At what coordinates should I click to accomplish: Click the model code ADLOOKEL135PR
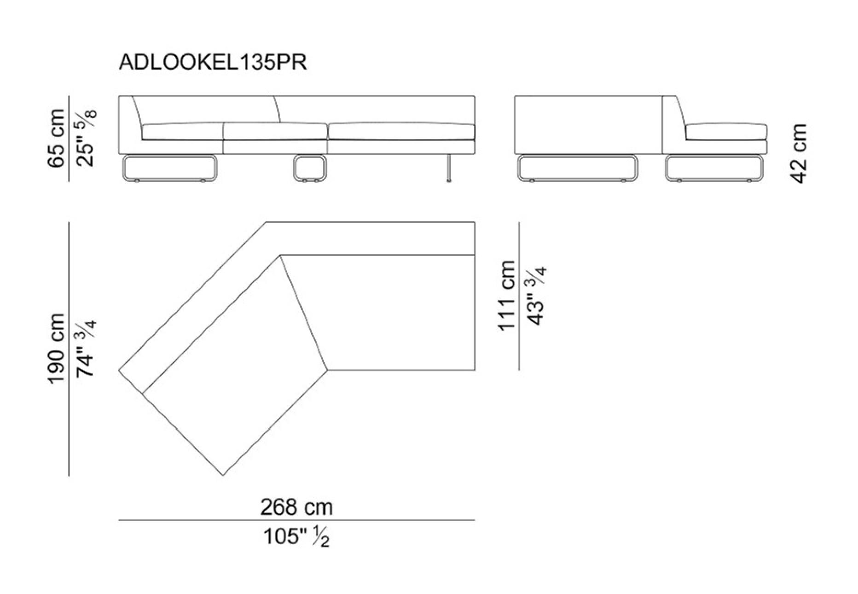[x=213, y=63]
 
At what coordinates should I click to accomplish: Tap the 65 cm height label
[x=58, y=138]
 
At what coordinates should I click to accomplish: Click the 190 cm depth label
[x=58, y=348]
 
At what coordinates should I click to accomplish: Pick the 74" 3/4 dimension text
[x=86, y=348]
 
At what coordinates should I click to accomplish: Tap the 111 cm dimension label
[x=507, y=295]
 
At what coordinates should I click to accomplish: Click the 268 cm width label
[x=296, y=507]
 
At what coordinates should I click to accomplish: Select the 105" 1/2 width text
[x=296, y=536]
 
